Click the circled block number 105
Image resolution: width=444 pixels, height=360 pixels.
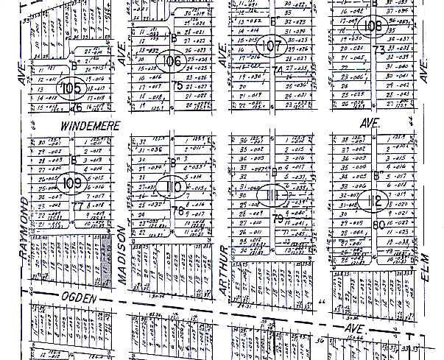pos(71,88)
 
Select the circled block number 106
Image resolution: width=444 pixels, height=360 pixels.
pos(172,61)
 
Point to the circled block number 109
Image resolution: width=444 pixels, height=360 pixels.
pos(71,183)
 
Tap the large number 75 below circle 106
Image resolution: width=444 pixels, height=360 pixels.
pos(177,85)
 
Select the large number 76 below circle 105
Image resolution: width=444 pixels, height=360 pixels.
pos(75,107)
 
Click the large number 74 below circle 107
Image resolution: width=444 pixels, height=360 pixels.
pos(278,71)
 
